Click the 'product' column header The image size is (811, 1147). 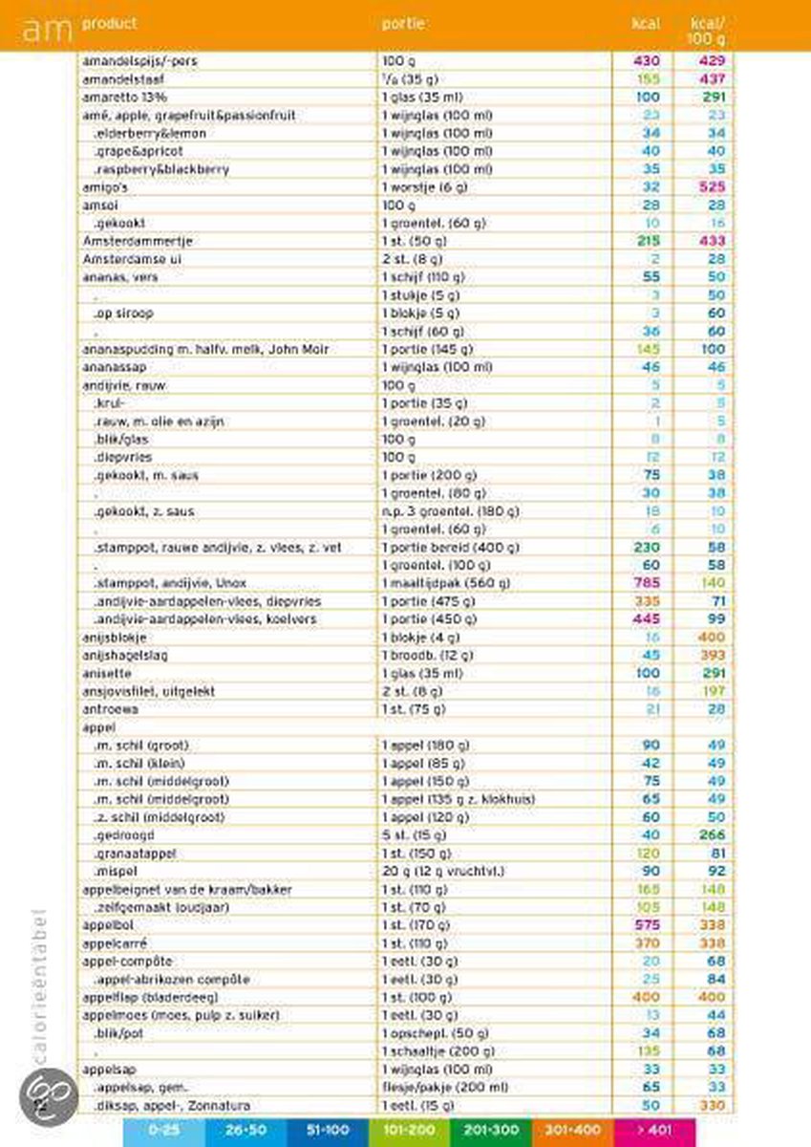pyautogui.click(x=109, y=23)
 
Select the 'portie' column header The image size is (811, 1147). pyautogui.click(x=402, y=23)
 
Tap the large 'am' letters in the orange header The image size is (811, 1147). pyautogui.click(x=47, y=31)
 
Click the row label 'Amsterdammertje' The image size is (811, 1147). pyautogui.click(x=125, y=241)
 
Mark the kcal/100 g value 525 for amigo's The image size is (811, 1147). pyautogui.click(x=712, y=186)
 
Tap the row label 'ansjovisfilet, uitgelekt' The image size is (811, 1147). pyautogui.click(x=150, y=691)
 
